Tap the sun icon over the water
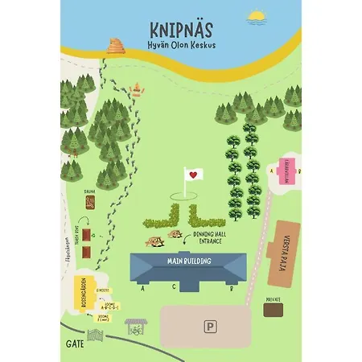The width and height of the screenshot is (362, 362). (257, 15)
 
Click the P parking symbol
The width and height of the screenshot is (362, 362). (209, 327)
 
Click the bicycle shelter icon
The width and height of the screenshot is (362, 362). (135, 327)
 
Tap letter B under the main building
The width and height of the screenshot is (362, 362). (232, 287)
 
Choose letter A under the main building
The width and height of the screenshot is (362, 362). (142, 287)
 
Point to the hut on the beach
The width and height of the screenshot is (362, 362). (116, 46)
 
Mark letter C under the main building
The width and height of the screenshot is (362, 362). (174, 287)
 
